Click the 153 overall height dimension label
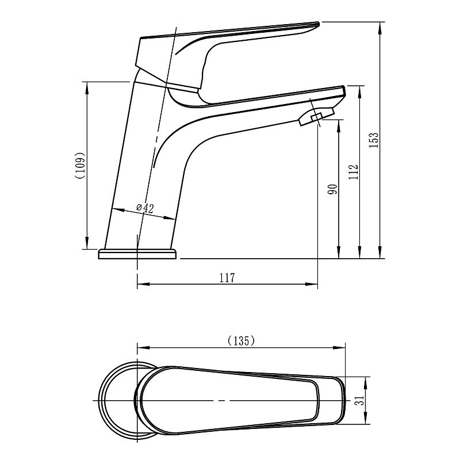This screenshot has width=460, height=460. pos(374,140)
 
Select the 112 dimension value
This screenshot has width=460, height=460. pos(354,172)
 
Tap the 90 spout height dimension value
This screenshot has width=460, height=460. pos(333,189)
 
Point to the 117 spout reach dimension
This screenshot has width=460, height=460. pos(227,278)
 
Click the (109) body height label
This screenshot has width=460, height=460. pos(80,165)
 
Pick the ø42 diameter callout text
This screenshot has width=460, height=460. pos(145,208)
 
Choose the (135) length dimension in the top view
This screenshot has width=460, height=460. pos(241,340)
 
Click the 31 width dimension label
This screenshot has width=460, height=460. pos(360,400)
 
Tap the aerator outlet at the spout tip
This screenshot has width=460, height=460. pos(317,117)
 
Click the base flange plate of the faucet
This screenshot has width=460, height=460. pos(137,254)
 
